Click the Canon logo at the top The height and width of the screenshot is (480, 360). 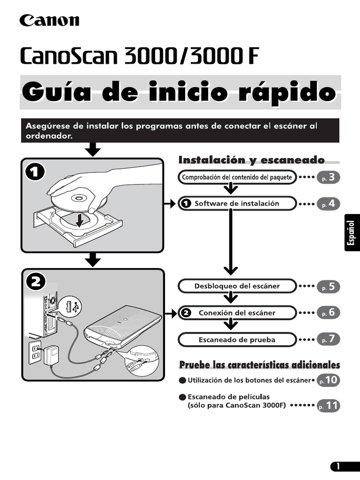49,20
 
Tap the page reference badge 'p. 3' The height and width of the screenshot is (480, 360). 328,178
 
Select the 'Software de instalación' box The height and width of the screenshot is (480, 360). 237,203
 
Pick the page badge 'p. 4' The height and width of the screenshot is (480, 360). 328,204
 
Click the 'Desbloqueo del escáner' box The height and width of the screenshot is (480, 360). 237,285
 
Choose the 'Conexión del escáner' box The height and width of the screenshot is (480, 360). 237,313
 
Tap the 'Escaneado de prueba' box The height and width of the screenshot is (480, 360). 237,339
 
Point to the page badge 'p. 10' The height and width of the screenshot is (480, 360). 328,380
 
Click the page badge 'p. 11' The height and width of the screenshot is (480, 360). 328,406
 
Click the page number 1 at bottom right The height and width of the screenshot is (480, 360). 344,466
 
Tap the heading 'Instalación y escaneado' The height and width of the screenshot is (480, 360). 251,160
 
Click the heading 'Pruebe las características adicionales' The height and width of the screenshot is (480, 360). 260,365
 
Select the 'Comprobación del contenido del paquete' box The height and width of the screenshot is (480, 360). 237,177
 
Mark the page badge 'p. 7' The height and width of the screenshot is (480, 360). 328,339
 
